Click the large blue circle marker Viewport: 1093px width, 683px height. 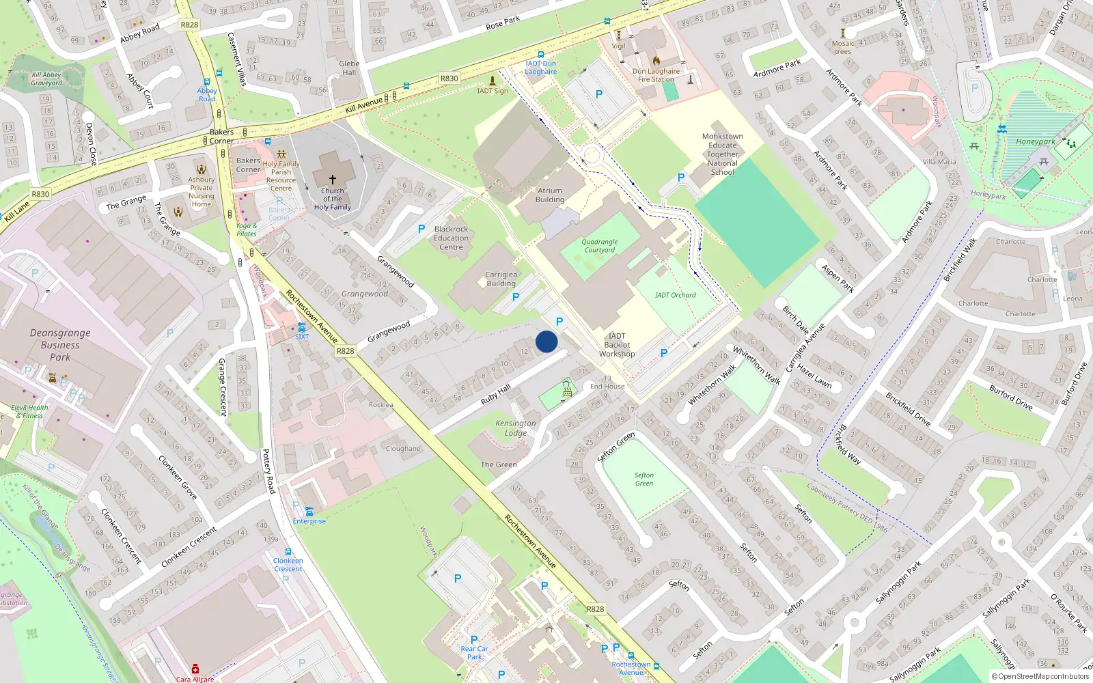546,341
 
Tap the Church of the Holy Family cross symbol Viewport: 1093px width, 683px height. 333,179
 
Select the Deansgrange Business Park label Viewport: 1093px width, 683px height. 60,345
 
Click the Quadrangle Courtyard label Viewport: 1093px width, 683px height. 599,246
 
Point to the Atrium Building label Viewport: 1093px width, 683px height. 550,195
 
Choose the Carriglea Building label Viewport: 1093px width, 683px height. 501,279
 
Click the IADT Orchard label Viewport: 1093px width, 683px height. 675,295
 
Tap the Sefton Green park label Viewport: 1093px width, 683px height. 644,479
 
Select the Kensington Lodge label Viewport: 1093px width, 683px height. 516,428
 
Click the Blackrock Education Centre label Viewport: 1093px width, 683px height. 451,238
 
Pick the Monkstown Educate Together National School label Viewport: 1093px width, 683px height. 722,154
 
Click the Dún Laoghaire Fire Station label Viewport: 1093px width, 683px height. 656,75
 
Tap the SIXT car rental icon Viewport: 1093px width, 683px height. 301,328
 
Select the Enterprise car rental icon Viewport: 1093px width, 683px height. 309,512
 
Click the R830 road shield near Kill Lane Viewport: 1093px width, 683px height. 40,194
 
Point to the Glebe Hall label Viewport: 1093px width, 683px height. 349,68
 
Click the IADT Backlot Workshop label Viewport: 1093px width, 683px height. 617,345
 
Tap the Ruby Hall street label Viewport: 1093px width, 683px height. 496,394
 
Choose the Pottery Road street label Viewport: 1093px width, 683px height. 269,471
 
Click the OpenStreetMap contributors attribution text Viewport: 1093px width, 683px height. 1040,676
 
